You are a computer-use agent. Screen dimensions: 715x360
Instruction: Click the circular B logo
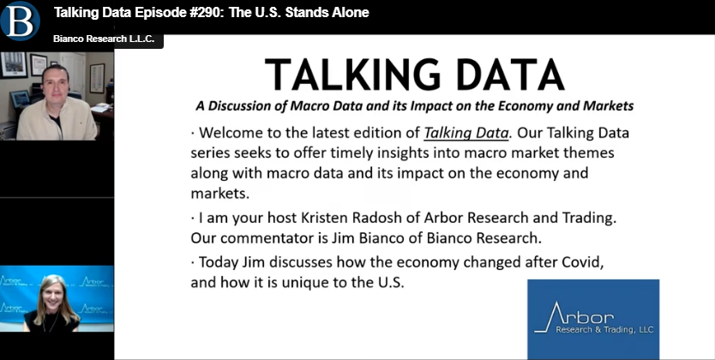[x=20, y=21]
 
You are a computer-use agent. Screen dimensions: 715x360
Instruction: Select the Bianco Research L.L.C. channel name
[x=104, y=39]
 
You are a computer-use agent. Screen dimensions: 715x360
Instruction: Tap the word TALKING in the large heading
[x=351, y=75]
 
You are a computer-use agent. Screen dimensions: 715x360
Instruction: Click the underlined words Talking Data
[x=466, y=133]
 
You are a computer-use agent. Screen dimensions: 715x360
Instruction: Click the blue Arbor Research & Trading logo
[x=593, y=319]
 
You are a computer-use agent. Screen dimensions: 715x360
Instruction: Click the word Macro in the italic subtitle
[x=308, y=106]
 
